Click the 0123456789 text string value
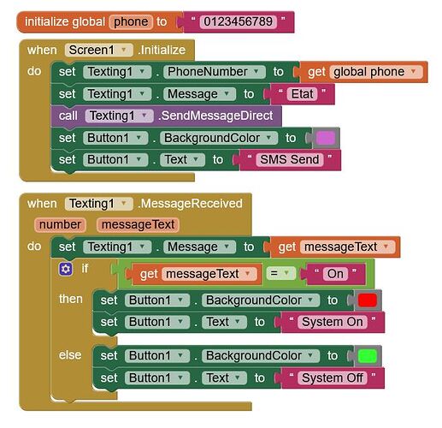(238, 22)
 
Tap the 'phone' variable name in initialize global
(131, 22)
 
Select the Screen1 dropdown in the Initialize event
(98, 51)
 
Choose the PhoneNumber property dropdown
(214, 72)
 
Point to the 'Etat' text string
(302, 94)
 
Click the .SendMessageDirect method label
(215, 116)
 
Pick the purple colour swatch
(326, 138)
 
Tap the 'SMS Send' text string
(290, 159)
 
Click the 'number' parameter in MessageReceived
(60, 224)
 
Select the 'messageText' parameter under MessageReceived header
(138, 224)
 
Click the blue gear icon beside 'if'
(66, 269)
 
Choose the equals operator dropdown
(280, 273)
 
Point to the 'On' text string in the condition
(335, 274)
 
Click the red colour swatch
(368, 300)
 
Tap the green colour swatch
(368, 356)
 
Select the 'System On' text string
(333, 322)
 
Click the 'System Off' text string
(333, 378)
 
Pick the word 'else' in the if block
(70, 355)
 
